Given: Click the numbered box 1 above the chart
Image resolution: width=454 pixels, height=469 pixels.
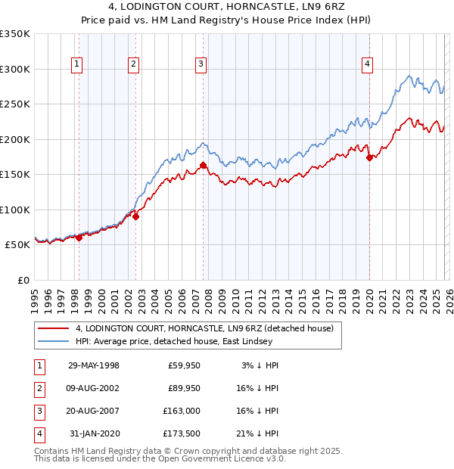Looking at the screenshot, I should point(78,65).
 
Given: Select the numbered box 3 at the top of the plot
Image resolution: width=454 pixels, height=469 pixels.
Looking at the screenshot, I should point(201,65).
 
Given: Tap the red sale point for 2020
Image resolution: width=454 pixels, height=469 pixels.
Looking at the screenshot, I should point(369,158).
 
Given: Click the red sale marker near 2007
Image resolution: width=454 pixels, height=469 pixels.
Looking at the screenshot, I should point(203,165).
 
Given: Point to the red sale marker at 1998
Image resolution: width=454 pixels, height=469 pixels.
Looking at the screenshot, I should point(79,238).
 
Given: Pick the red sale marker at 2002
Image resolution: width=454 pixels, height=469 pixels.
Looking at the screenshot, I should point(135,216).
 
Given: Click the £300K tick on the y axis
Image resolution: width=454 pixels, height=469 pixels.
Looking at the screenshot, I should point(15,69).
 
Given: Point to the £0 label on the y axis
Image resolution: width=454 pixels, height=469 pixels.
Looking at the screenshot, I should point(23,280).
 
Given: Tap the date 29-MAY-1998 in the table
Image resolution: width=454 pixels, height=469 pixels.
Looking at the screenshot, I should point(94,365).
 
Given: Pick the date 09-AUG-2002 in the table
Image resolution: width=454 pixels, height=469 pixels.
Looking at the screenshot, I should point(94,388).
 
